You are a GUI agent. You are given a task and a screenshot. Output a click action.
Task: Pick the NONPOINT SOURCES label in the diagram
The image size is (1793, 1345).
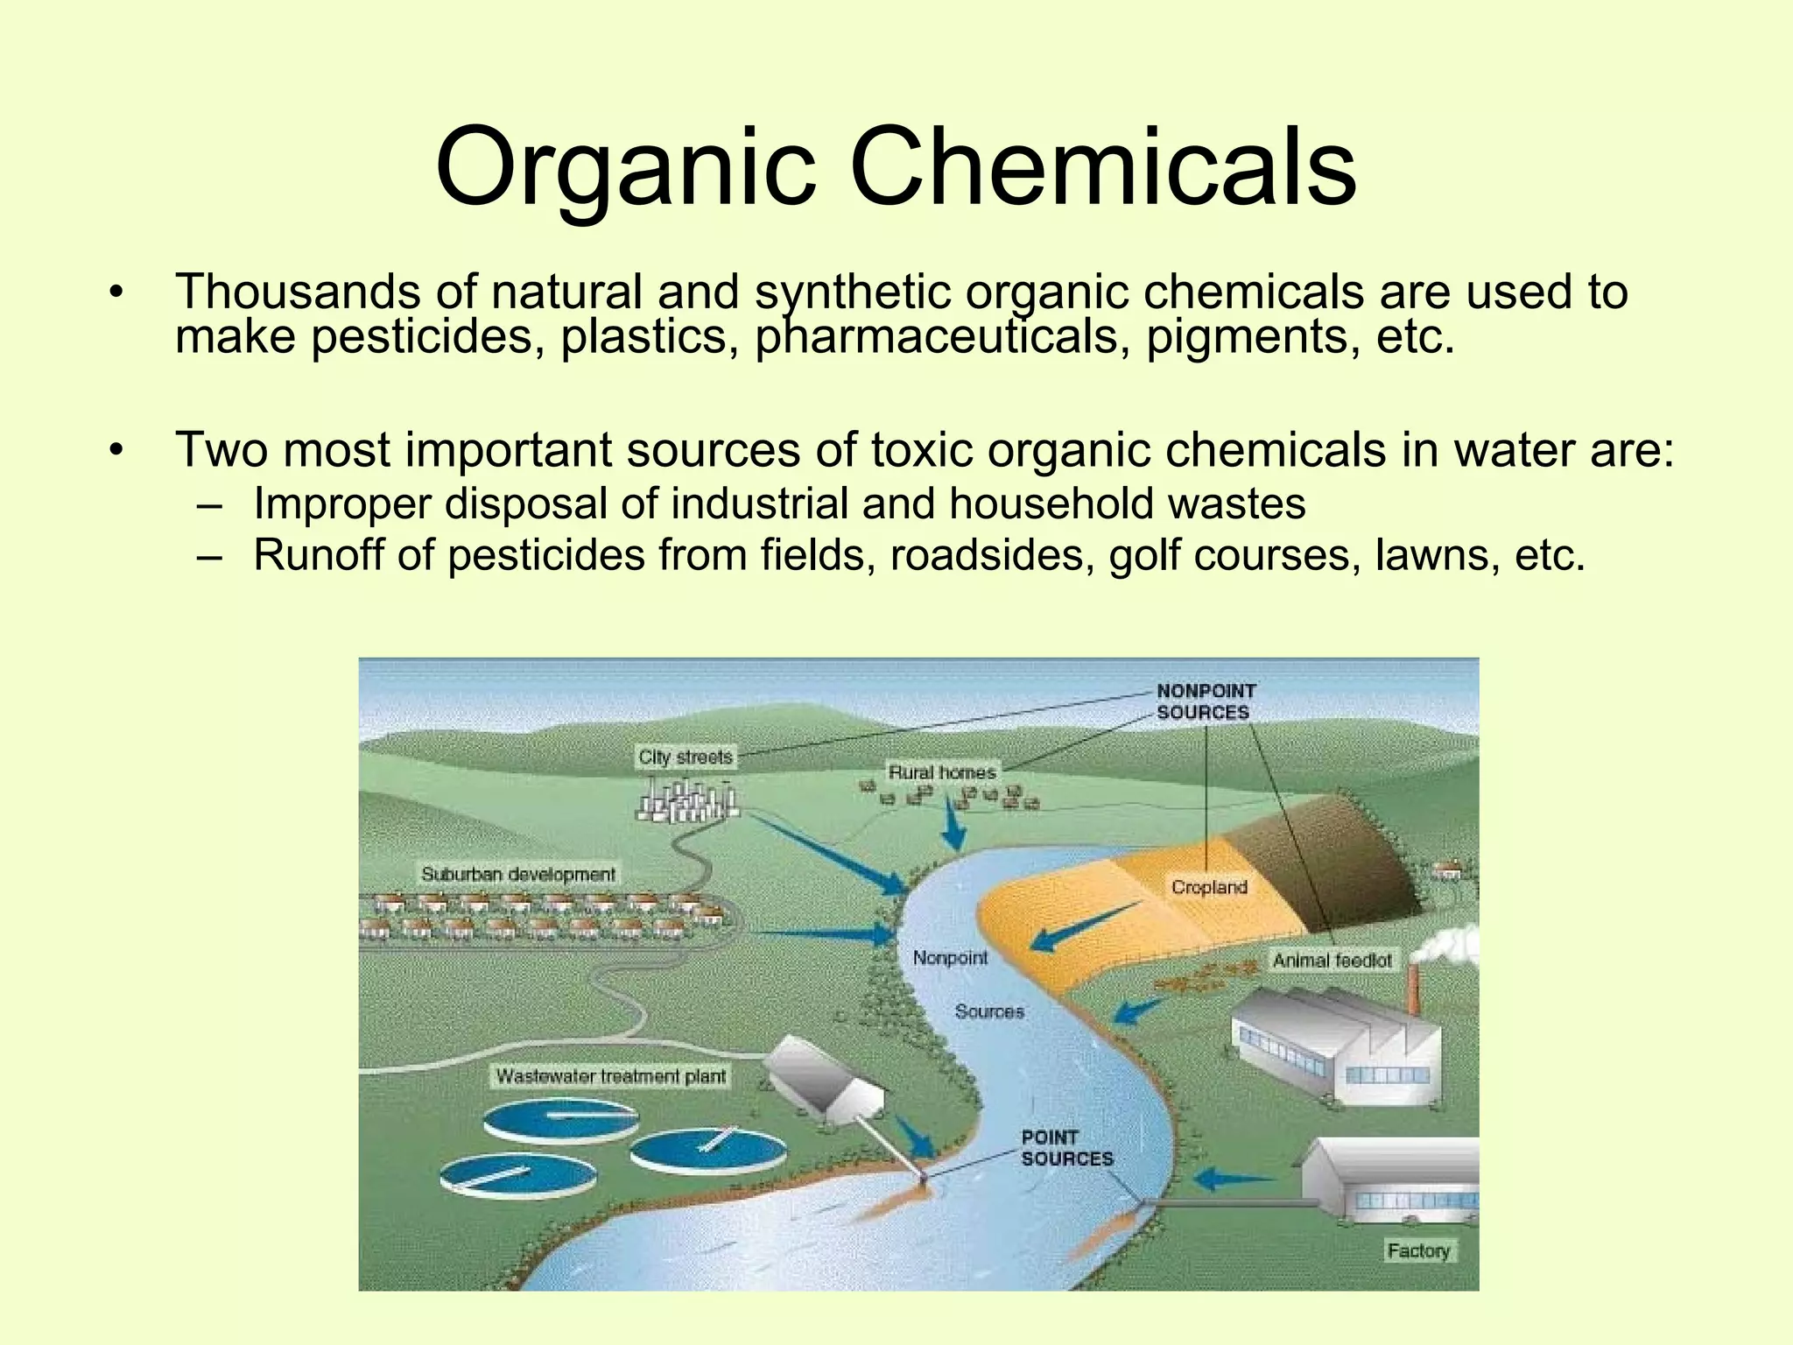point(1206,701)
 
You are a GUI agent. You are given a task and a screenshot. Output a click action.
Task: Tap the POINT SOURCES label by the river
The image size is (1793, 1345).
point(1066,1148)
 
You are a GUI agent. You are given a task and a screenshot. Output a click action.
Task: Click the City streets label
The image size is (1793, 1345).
point(685,757)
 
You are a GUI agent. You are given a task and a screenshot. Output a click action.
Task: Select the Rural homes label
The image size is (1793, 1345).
point(942,772)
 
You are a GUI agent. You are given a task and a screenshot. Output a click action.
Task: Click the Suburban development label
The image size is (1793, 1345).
point(518,874)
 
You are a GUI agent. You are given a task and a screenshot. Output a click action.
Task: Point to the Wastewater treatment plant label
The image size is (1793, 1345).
point(611,1075)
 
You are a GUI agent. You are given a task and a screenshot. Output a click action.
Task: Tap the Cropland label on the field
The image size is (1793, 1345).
point(1209,887)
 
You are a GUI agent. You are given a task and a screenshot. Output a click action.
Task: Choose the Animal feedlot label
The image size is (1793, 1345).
point(1332,961)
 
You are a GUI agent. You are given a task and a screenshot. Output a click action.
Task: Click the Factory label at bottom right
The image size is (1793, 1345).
point(1418,1250)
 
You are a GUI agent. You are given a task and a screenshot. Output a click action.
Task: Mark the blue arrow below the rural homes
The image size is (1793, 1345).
point(953,824)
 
